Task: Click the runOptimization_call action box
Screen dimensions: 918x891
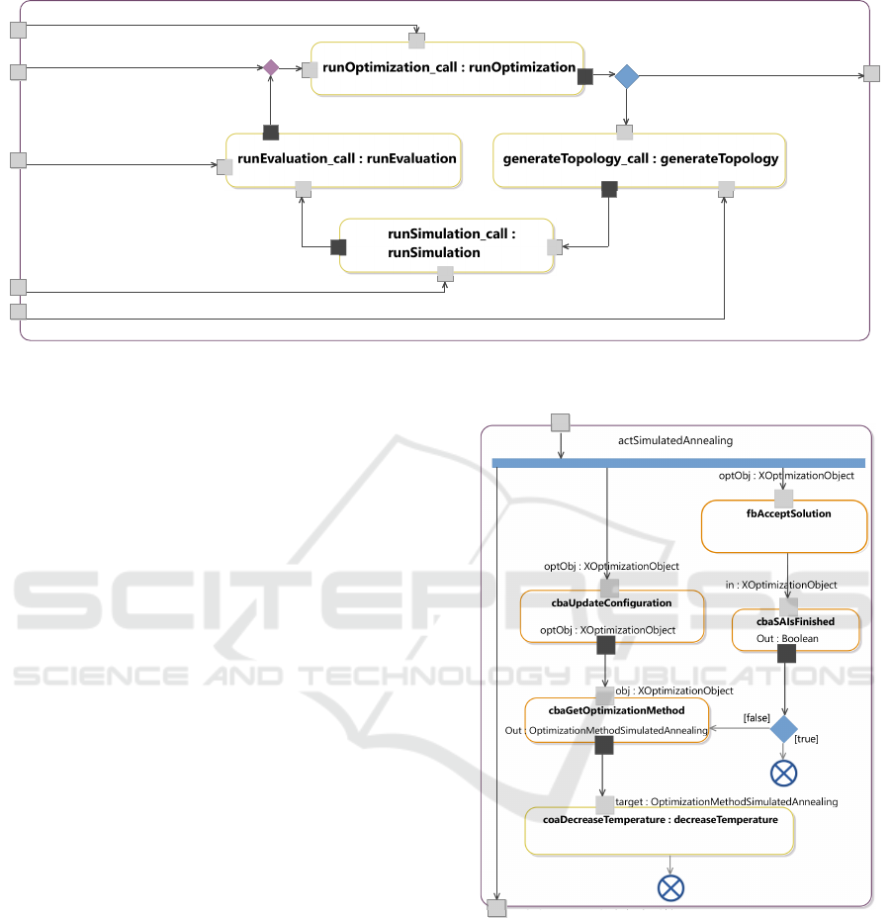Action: point(448,69)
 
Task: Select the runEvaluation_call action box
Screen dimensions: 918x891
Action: point(344,159)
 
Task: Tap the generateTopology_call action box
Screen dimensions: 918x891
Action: point(640,159)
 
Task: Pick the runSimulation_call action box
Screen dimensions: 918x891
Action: point(446,245)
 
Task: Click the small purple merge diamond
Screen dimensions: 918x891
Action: point(270,67)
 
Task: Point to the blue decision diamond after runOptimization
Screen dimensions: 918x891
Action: point(627,77)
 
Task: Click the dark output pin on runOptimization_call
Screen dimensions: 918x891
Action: point(585,76)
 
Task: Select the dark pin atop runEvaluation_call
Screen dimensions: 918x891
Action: point(270,133)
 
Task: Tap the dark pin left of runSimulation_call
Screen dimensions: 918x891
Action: point(338,246)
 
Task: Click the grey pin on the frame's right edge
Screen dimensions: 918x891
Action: point(871,73)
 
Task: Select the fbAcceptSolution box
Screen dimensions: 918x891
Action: point(783,525)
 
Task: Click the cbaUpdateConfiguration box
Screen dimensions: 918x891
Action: point(612,615)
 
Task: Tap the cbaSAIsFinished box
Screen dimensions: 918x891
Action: point(795,630)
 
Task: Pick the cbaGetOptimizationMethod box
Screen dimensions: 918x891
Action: point(616,720)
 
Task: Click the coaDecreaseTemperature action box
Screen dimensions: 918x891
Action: point(660,829)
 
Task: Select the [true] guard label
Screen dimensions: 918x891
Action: point(806,739)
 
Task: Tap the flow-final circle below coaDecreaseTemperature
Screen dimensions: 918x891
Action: point(670,887)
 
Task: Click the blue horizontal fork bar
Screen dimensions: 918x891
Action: point(678,462)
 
